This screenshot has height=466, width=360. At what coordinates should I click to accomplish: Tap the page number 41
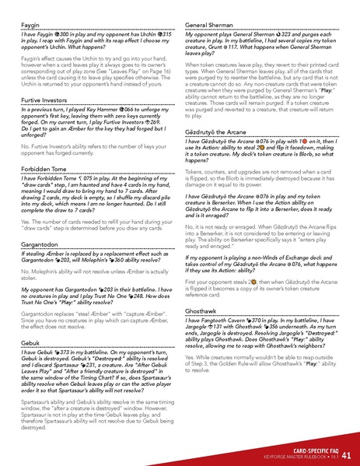[x=346, y=454]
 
